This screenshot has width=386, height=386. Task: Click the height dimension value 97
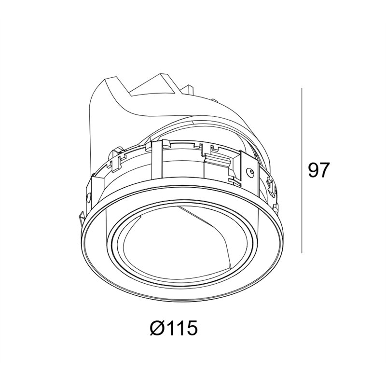(318, 170)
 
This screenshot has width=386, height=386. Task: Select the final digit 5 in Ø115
(192, 328)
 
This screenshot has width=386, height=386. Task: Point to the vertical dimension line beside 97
(302, 170)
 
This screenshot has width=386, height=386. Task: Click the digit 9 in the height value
(313, 170)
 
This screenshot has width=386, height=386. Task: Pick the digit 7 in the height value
(324, 170)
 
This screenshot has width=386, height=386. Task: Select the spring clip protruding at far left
(82, 218)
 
